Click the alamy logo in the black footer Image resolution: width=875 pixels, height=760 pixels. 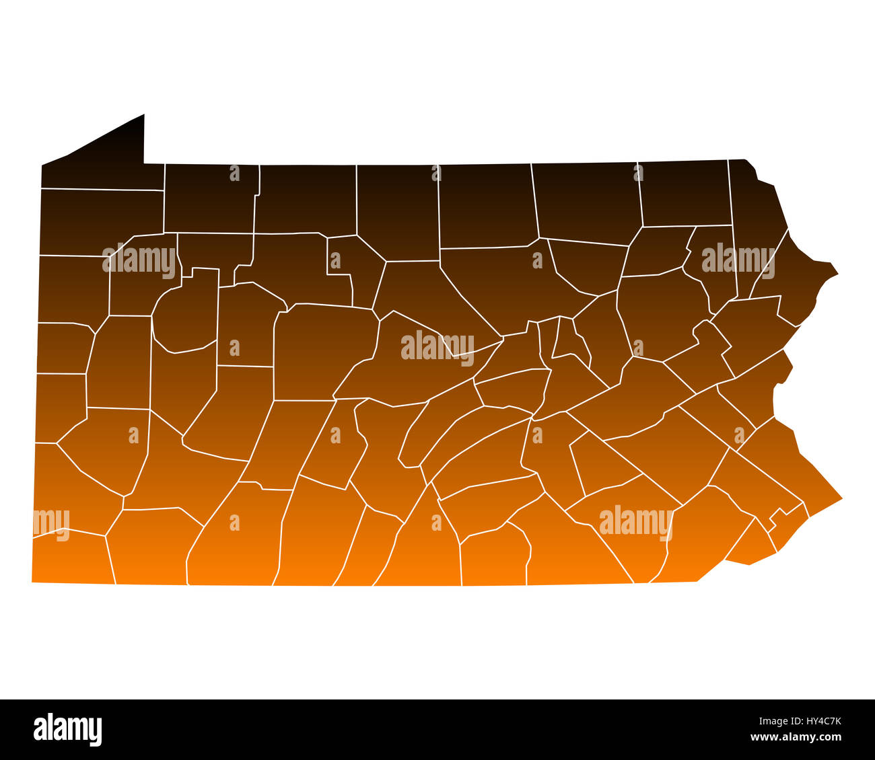[x=67, y=730]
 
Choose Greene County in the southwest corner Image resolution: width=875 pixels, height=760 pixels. [x=71, y=558]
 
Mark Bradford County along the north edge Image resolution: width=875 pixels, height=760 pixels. [x=586, y=202]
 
